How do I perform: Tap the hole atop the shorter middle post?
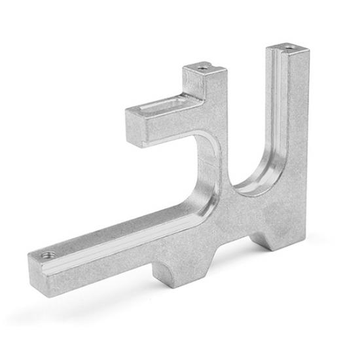click(x=204, y=67)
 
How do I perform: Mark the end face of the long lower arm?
click(x=37, y=268)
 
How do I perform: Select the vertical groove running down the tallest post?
click(x=278, y=118)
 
